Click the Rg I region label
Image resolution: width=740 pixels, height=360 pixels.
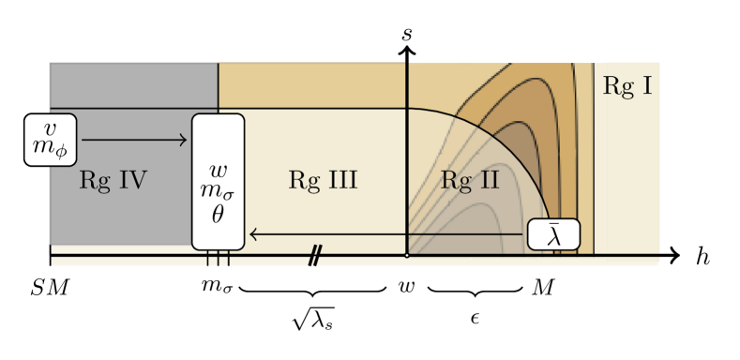(x=627, y=87)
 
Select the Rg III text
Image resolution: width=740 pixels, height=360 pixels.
(x=323, y=180)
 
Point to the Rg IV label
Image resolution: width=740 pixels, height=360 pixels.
(x=113, y=180)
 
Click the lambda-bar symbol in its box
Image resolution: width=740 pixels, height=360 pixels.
(x=553, y=234)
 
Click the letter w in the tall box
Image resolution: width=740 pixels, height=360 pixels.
(x=218, y=171)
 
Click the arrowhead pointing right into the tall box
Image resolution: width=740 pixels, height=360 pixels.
(x=184, y=141)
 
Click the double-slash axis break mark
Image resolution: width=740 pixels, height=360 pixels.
(x=315, y=256)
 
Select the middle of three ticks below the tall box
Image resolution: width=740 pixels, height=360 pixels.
(x=218, y=260)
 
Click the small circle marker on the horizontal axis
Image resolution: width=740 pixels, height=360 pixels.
(x=406, y=255)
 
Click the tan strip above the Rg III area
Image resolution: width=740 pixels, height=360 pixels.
(x=311, y=85)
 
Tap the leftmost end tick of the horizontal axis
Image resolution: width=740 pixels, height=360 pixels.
(x=50, y=257)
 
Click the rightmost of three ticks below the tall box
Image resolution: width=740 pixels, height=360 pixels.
(x=228, y=260)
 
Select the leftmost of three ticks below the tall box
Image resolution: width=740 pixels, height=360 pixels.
(x=208, y=260)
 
